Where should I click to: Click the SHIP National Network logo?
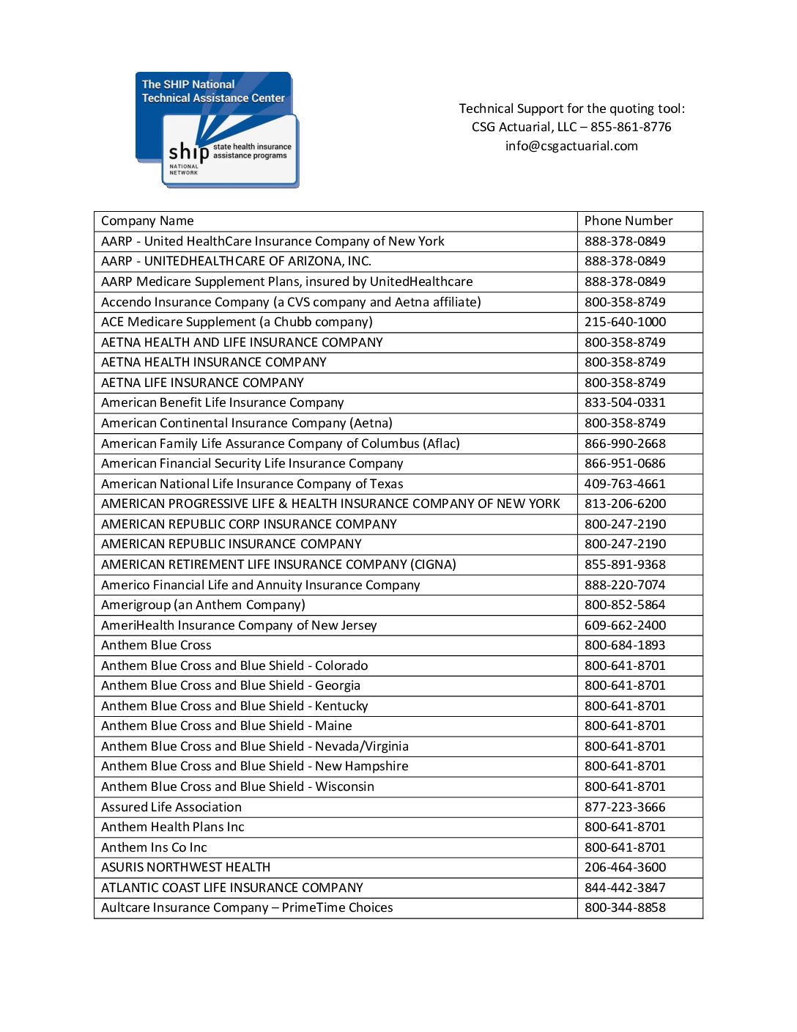[x=217, y=130]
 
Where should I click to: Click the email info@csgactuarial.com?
[x=571, y=146]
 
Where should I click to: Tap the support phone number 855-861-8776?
[x=631, y=127]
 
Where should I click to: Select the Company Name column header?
[x=147, y=221]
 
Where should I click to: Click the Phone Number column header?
[x=628, y=221]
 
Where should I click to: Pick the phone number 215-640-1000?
[x=625, y=322]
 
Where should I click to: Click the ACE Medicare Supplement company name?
[x=237, y=322]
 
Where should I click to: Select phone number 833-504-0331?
[x=625, y=402]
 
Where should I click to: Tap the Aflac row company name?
[x=281, y=443]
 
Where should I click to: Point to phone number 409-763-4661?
[x=625, y=484]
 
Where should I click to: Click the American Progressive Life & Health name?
[x=330, y=504]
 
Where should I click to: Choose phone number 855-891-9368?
[x=625, y=564]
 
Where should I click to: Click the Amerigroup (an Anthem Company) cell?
[x=203, y=605]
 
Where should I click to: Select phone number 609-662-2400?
[x=625, y=625]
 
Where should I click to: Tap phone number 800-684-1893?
[x=625, y=645]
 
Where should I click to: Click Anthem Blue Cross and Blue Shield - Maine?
[x=226, y=726]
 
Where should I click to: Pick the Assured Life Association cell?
[x=171, y=807]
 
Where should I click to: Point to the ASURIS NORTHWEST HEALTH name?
[x=185, y=867]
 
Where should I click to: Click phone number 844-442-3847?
[x=625, y=888]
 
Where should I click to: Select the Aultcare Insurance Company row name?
[x=247, y=907]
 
